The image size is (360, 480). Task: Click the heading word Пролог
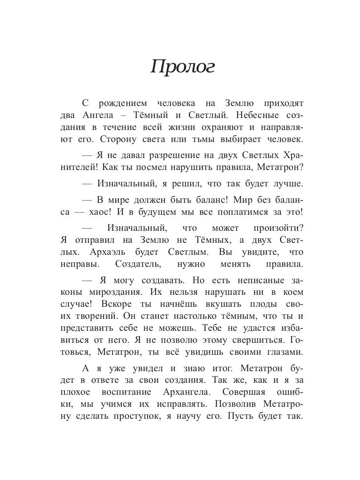(x=182, y=68)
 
